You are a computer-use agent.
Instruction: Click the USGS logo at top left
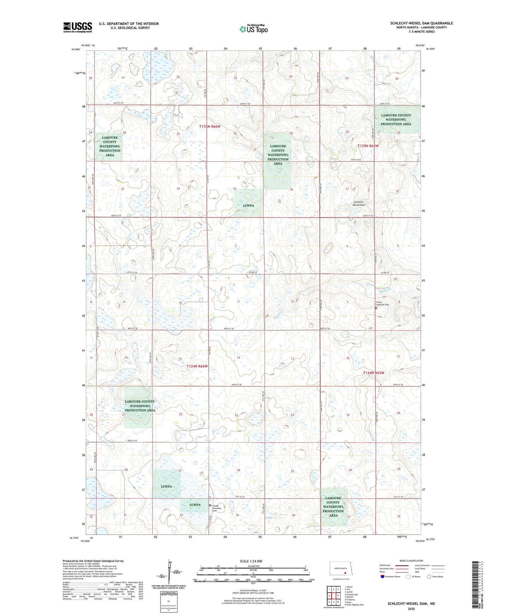point(78,27)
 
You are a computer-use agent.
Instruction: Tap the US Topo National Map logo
point(253,29)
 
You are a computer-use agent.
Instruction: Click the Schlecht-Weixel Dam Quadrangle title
point(421,23)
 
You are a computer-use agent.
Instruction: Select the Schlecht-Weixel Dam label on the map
point(359,203)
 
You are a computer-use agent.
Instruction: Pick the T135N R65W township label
point(368,146)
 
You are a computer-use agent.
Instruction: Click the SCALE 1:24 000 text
point(251,561)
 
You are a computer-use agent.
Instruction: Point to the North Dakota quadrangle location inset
point(341,569)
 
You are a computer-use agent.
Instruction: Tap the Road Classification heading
point(411,561)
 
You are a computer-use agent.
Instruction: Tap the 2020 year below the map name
point(411,609)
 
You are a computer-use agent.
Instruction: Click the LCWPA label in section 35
point(248,205)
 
